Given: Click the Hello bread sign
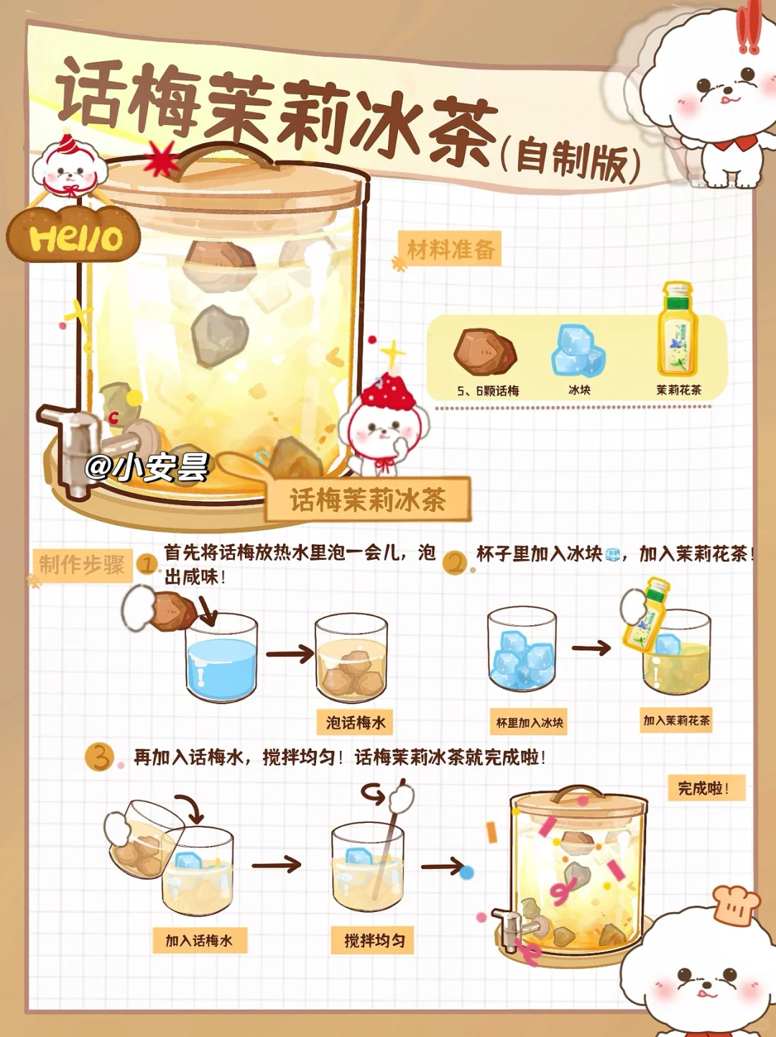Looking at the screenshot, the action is coord(74,235).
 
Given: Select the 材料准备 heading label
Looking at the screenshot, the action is coord(450,249).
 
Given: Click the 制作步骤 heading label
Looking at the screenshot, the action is coord(82,565).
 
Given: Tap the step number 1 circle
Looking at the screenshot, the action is coord(148,565).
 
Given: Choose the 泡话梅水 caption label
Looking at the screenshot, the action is coord(355,722).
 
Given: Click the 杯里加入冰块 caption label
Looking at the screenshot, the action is coord(529,722).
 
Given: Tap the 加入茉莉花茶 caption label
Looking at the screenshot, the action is coord(676,720).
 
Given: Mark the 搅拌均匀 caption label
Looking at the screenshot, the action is coord(372,941).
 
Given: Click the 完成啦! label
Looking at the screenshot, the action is coord(706,788).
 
